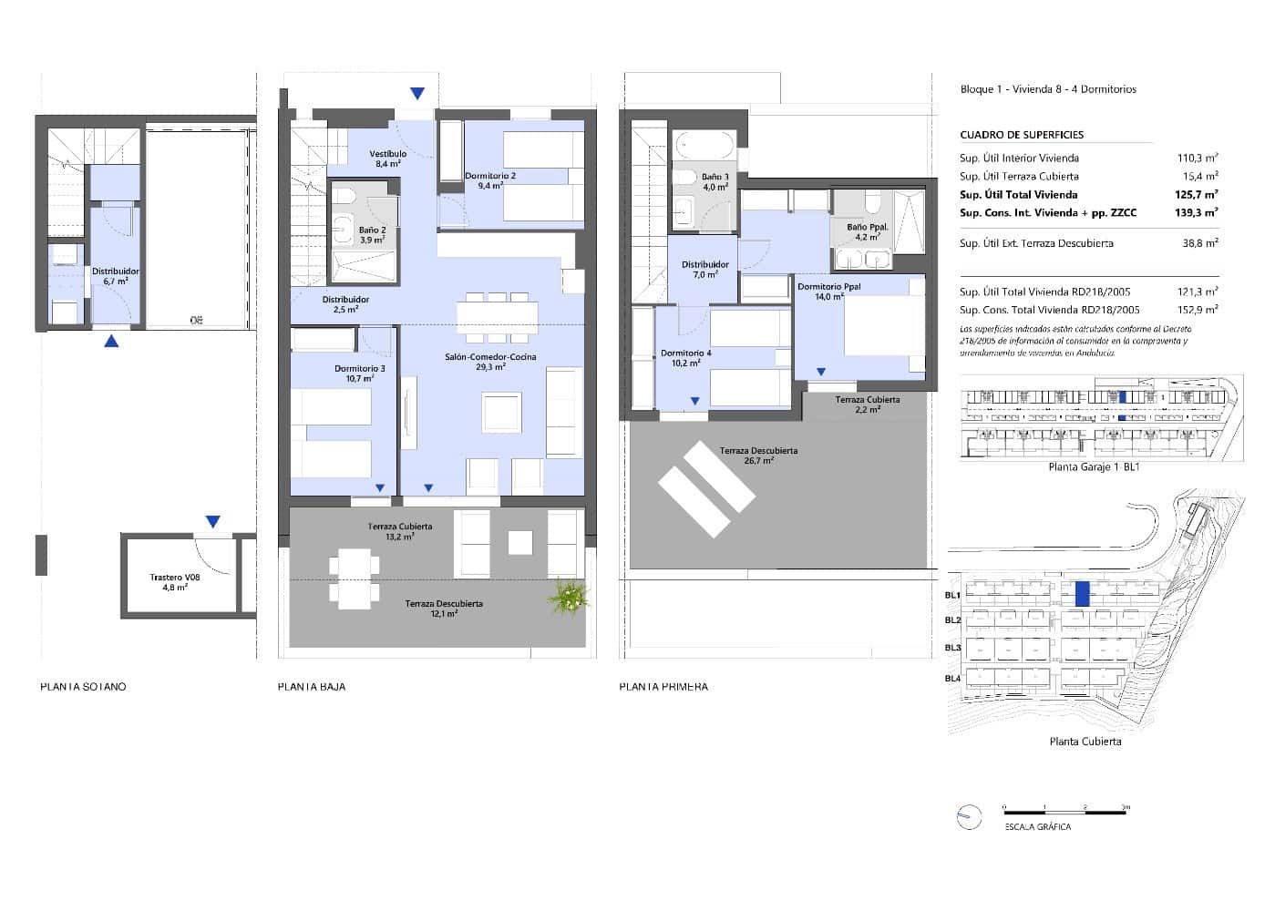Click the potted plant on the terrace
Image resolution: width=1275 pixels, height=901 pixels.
[x=570, y=598]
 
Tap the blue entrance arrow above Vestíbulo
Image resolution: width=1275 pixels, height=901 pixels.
[x=416, y=93]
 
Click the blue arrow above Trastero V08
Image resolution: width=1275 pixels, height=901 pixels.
[x=212, y=522]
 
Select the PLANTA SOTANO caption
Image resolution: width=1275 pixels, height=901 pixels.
[x=83, y=686]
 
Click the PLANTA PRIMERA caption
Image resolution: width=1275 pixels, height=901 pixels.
[x=663, y=686]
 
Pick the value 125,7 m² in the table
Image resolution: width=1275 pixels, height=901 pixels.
[x=1197, y=194]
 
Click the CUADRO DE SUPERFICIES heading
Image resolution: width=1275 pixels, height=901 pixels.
[x=1021, y=135]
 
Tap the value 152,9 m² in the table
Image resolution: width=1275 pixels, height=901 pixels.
[x=1198, y=310]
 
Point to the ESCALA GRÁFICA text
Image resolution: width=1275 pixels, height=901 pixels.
[x=1037, y=827]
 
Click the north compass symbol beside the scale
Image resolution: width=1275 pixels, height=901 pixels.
[x=968, y=817]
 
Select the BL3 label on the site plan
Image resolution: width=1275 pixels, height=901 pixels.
[x=952, y=648]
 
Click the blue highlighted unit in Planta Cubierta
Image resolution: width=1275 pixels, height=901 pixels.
[x=1082, y=594]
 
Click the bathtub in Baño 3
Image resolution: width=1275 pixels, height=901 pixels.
[x=704, y=146]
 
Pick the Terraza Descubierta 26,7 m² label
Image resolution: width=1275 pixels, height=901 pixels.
[x=758, y=456]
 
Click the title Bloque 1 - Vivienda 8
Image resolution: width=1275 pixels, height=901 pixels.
[x=1048, y=89]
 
